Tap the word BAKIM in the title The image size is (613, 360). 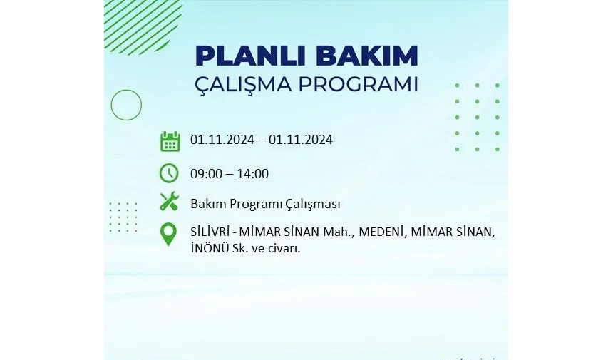(x=367, y=56)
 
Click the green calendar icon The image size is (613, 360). (x=170, y=141)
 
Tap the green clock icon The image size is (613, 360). (x=169, y=173)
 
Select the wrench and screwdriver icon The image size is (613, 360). (x=169, y=202)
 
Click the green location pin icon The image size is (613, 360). (x=168, y=234)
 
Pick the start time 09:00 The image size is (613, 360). (x=206, y=173)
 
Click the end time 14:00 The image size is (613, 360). (x=252, y=173)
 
